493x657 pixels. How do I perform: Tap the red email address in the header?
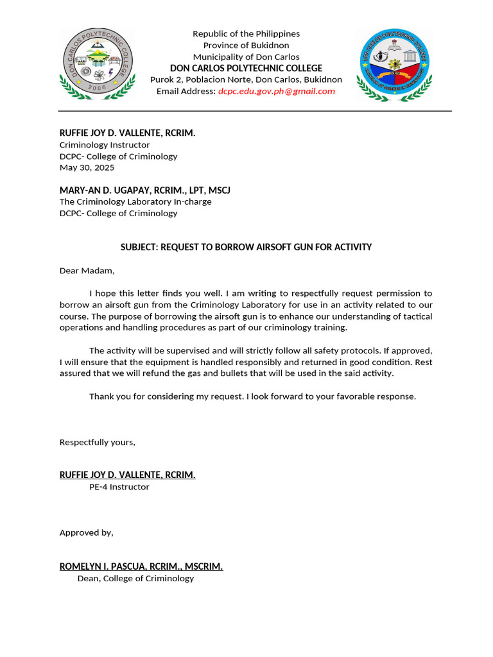click(276, 91)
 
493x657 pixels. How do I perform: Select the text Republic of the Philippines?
click(246, 33)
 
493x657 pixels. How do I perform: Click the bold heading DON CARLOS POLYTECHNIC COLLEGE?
click(246, 68)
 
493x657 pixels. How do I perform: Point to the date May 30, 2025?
click(87, 167)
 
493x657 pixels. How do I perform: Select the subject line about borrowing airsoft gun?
click(246, 247)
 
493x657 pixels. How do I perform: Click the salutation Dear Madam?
click(87, 270)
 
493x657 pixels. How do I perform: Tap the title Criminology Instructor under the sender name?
click(105, 145)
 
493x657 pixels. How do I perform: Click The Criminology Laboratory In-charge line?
click(135, 201)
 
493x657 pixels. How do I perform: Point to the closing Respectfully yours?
click(98, 442)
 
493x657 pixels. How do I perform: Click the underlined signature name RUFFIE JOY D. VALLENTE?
click(127, 475)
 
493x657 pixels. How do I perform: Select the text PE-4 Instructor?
click(119, 486)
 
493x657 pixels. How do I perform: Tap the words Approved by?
click(87, 532)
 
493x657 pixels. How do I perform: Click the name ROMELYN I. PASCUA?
click(141, 567)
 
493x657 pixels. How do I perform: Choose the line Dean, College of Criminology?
click(135, 578)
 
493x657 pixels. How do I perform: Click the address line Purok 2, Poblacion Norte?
click(246, 80)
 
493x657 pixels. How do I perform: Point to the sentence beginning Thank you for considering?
click(252, 396)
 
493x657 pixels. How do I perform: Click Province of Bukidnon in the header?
click(246, 45)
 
